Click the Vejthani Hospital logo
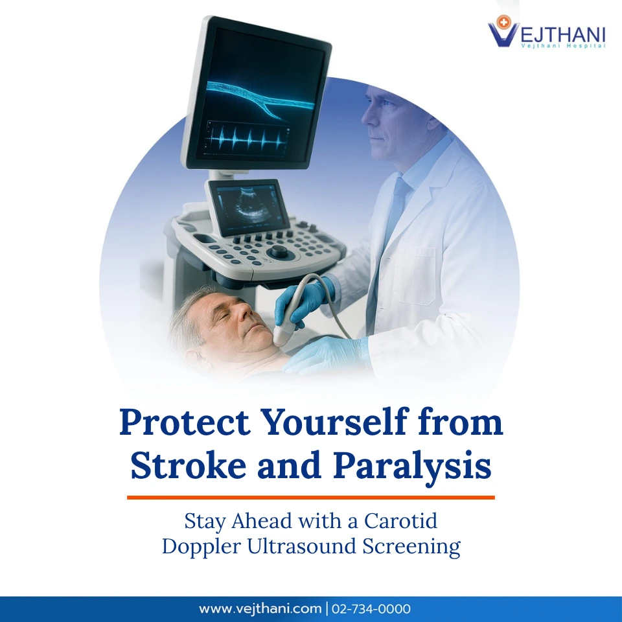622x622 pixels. click(546, 32)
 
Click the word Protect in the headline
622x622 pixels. click(184, 423)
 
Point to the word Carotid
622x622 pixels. click(401, 520)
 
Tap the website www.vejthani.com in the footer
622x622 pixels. click(260, 609)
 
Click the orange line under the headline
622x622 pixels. click(311, 498)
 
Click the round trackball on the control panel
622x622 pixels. click(279, 251)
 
